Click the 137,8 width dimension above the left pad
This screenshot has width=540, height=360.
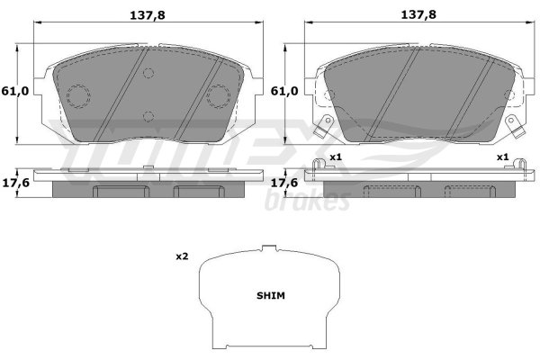pos(148,15)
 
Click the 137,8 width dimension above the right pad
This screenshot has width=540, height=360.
pos(418,14)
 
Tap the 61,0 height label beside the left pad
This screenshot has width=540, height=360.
pos(14,91)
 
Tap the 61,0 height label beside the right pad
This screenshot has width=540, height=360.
pos(284,91)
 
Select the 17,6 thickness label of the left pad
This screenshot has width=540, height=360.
pos(16,183)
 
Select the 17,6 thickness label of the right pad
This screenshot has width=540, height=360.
pos(284,183)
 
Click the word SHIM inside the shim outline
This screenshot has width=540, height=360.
pos(271,295)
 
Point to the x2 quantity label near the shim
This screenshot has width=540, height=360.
pos(182,256)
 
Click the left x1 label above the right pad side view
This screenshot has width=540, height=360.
pos(336,157)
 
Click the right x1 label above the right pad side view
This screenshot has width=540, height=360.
pos(502,157)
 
